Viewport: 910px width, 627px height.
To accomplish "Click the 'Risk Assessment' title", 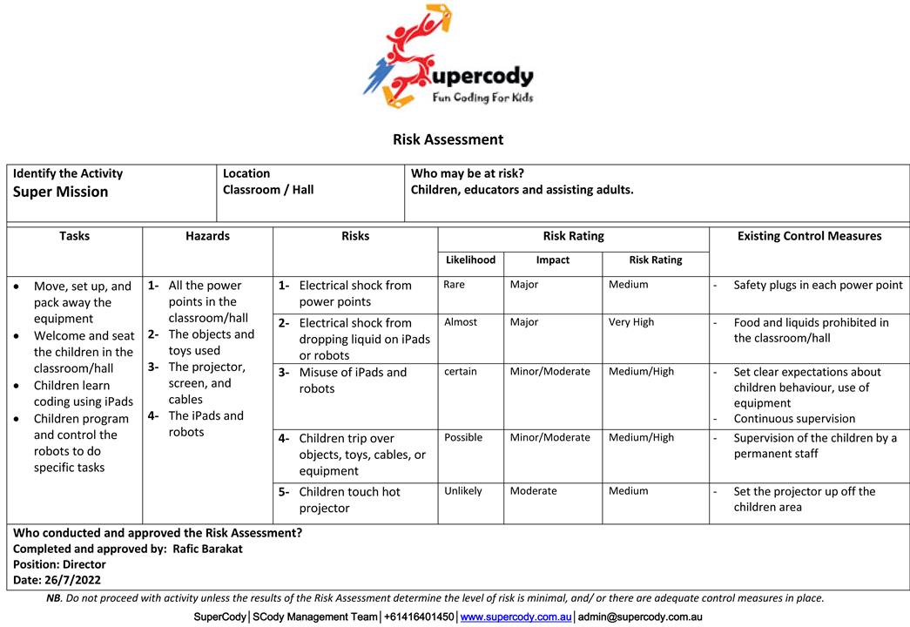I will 448,139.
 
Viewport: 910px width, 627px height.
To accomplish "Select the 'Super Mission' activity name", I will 61,192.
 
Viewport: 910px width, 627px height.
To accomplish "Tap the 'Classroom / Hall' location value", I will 268,190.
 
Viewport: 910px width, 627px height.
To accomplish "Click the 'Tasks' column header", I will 74,236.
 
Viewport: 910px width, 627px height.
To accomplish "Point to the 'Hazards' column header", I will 207,236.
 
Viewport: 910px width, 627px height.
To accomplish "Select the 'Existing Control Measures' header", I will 809,236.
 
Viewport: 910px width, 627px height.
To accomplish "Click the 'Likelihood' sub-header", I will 470,260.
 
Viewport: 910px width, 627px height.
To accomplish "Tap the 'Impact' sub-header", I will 552,260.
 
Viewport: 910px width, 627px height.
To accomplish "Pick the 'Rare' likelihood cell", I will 454,285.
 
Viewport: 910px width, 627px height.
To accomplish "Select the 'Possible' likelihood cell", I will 462,437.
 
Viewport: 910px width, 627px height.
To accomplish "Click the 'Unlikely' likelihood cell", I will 462,491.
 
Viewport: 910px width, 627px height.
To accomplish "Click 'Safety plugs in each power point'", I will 818,285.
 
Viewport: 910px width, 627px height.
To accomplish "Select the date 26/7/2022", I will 74,579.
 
